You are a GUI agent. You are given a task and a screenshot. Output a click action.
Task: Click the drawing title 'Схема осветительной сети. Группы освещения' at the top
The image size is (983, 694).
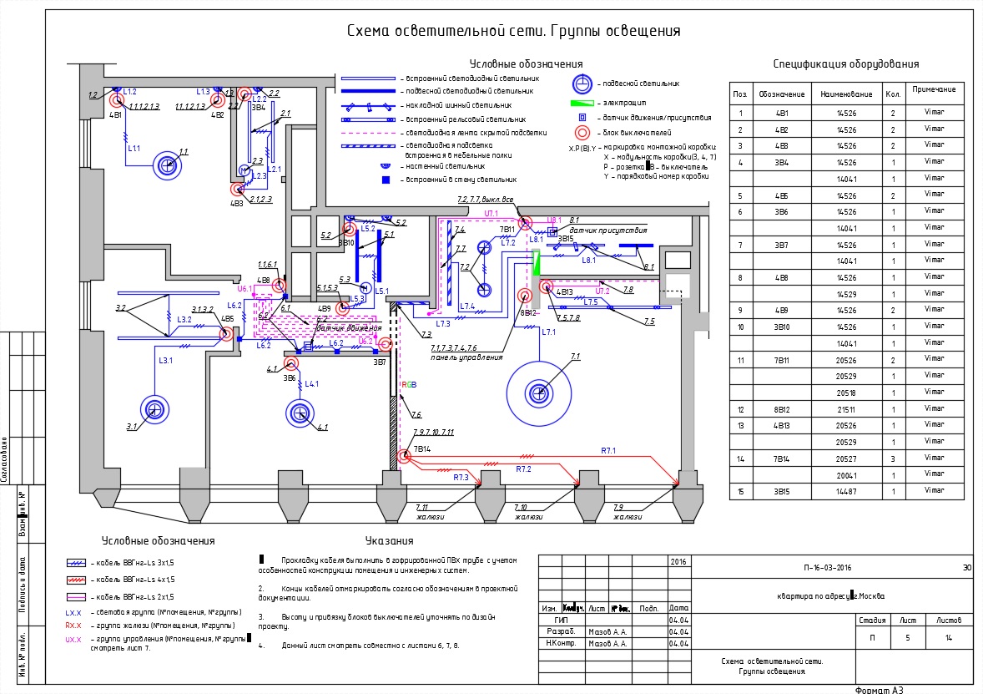[x=514, y=31]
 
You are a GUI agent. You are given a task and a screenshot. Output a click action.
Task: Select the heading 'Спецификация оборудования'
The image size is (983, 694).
[x=845, y=63]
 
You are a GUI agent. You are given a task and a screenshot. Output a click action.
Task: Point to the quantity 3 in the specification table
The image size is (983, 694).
[x=893, y=458]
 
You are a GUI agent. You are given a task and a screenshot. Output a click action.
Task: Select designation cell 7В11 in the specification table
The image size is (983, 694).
[x=782, y=360]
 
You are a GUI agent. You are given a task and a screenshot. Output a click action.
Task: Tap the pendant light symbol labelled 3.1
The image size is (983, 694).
[x=154, y=408]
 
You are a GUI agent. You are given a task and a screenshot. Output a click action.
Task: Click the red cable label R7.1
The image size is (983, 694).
[x=608, y=450]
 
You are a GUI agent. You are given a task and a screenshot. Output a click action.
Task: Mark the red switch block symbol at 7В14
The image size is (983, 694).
[x=405, y=456]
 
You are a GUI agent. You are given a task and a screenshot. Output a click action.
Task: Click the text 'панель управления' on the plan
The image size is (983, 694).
[x=466, y=357]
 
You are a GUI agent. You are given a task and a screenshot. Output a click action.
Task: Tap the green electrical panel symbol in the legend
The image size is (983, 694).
[x=582, y=102]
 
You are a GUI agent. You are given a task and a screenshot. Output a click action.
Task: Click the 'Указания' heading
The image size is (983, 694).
[x=389, y=540]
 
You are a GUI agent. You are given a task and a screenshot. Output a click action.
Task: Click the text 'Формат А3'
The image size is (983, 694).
[x=880, y=690]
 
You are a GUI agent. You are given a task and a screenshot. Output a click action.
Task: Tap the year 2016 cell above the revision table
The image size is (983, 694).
[x=678, y=562]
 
